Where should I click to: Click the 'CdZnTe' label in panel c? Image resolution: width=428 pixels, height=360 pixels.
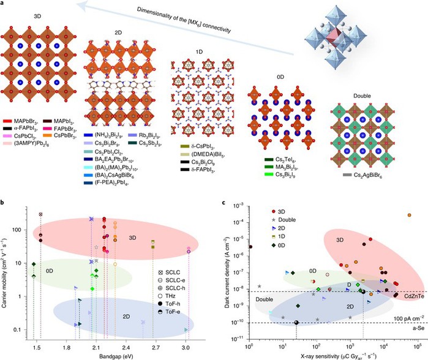tap(405, 296)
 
